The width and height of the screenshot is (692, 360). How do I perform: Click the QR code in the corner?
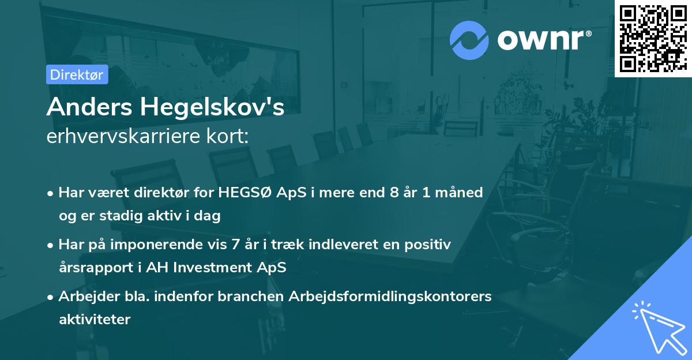(653, 38)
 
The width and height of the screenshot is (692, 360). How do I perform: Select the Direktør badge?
(77, 74)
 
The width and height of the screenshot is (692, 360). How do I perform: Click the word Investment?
(222, 268)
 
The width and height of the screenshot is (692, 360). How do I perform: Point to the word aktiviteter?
(95, 320)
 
